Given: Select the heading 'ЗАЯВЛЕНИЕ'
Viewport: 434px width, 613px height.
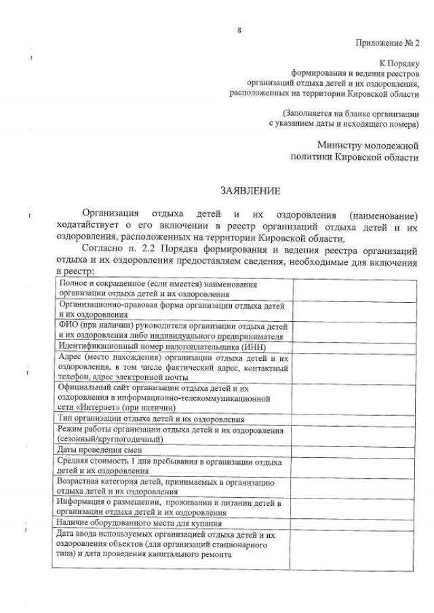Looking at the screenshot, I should (243, 192).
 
